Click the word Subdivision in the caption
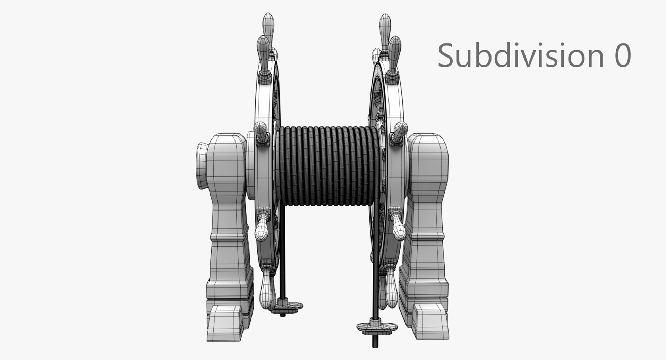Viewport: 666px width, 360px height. click(521, 55)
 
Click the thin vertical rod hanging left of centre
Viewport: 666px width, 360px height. click(282, 257)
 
